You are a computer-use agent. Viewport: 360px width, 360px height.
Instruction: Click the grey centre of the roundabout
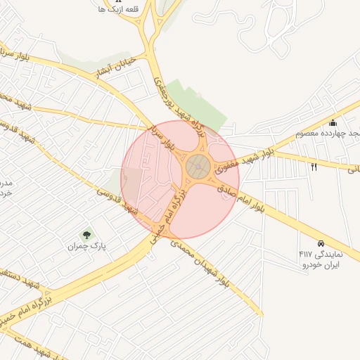coord(198,167)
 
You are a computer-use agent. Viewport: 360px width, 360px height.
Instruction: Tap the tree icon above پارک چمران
coord(86,235)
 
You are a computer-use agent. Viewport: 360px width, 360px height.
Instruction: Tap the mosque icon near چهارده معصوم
coord(333,124)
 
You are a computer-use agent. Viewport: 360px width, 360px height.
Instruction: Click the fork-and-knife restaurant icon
coord(313,167)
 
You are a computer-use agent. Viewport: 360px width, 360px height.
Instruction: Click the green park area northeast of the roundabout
coord(200,105)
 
